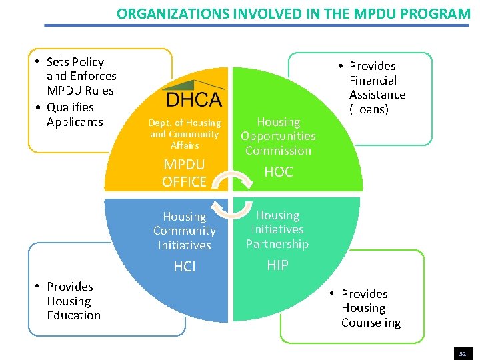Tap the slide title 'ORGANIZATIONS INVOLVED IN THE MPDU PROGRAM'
(293, 13)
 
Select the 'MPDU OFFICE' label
(184, 173)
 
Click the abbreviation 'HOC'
(278, 172)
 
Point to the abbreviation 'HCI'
(184, 267)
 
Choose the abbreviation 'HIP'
(277, 265)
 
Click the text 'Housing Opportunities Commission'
(278, 136)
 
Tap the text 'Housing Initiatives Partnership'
(277, 229)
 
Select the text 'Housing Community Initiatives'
(184, 231)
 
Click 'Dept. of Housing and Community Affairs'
(185, 134)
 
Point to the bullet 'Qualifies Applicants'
(74, 115)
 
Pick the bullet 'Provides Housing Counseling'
(370, 308)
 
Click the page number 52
(462, 353)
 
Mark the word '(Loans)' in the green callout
(368, 109)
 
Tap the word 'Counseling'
(371, 323)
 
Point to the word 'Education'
(73, 315)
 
